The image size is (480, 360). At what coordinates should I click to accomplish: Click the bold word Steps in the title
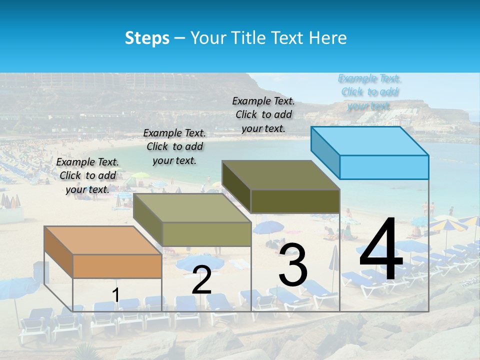click(147, 38)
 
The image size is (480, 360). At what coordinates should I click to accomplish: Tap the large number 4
click(381, 250)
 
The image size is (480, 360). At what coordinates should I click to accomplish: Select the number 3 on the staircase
click(292, 265)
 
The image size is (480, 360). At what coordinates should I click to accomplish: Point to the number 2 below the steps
click(201, 280)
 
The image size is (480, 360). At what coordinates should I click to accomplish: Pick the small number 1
click(115, 295)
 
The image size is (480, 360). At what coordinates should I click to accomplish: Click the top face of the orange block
click(102, 240)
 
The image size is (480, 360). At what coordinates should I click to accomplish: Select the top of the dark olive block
click(280, 175)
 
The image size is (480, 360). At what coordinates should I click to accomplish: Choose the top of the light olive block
click(192, 208)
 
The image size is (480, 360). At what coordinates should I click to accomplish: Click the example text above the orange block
click(87, 175)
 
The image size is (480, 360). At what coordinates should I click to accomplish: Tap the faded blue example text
click(369, 92)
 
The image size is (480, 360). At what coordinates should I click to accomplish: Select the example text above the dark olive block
click(263, 114)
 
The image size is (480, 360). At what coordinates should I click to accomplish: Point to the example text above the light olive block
click(174, 146)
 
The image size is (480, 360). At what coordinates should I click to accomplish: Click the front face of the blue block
click(384, 167)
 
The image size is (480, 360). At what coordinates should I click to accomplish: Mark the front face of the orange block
click(117, 266)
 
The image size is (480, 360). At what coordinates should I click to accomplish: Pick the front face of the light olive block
click(206, 234)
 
